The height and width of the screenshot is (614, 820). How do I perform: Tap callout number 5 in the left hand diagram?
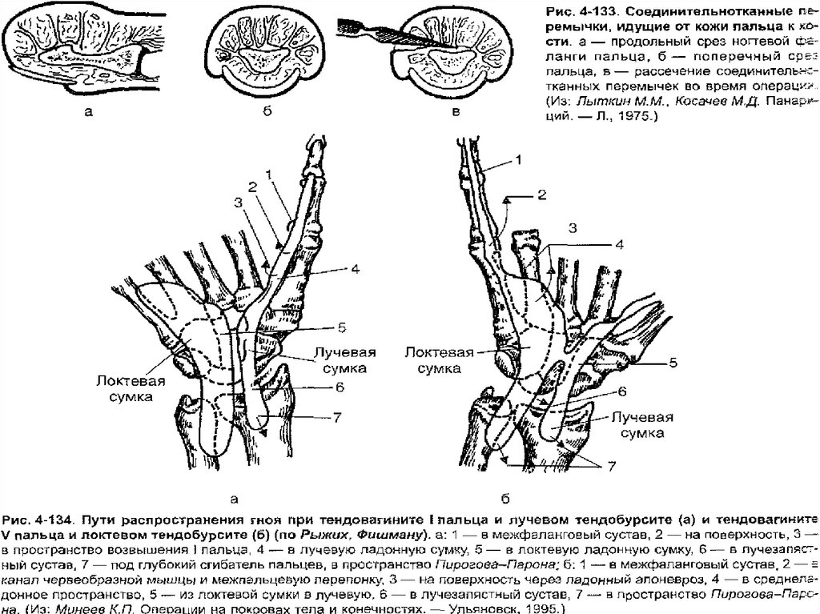[x=340, y=327]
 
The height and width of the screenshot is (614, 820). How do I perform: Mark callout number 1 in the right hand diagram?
[x=519, y=161]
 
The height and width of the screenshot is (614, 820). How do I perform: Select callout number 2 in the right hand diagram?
[x=541, y=194]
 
